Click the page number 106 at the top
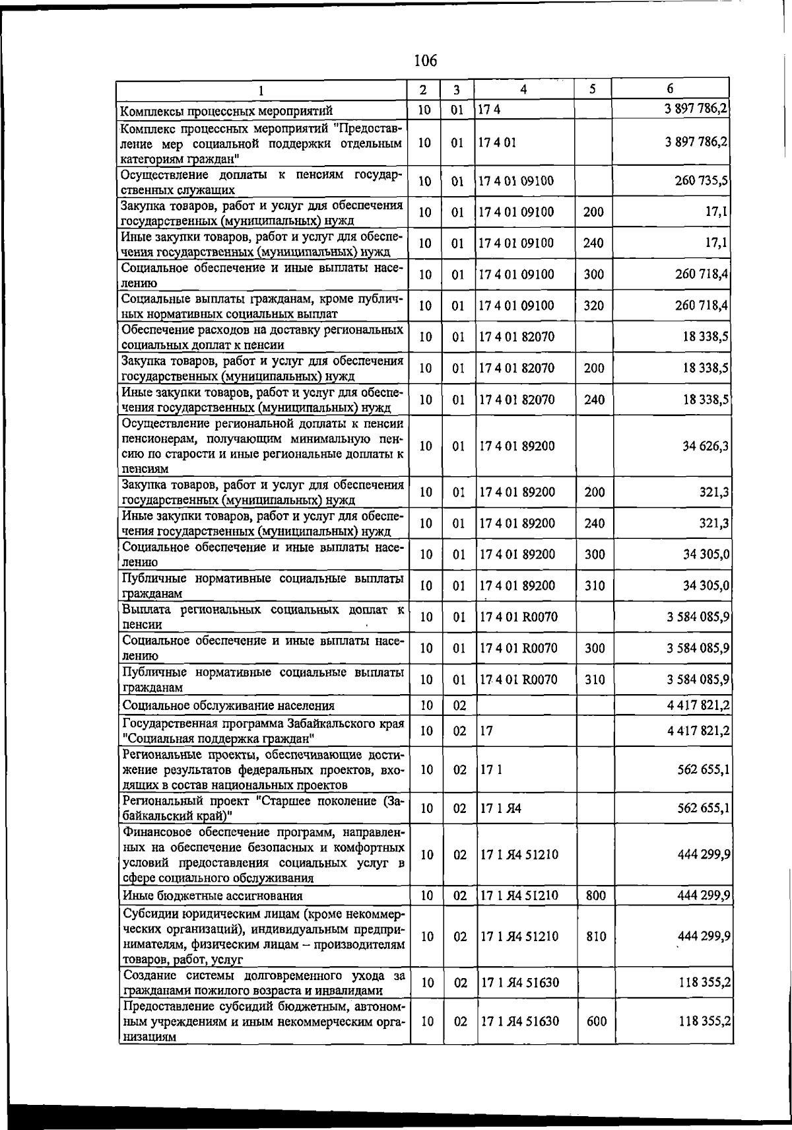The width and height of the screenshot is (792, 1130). pyautogui.click(x=425, y=61)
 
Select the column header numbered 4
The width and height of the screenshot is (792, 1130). pyautogui.click(x=523, y=89)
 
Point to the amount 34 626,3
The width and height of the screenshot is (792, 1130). pyautogui.click(x=705, y=446)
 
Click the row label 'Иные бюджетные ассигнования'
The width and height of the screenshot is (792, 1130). pyautogui.click(x=213, y=896)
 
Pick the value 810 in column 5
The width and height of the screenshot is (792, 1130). pyautogui.click(x=595, y=936)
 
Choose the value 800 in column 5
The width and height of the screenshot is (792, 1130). pyautogui.click(x=595, y=896)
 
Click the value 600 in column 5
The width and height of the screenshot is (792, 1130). pyautogui.click(x=595, y=1021)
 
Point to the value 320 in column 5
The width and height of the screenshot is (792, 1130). pyautogui.click(x=594, y=306)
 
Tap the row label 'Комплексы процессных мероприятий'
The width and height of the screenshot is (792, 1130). pyautogui.click(x=227, y=110)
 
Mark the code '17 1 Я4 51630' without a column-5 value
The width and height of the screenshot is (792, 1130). pyautogui.click(x=519, y=983)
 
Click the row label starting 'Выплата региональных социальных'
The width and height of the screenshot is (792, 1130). pyautogui.click(x=263, y=616)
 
